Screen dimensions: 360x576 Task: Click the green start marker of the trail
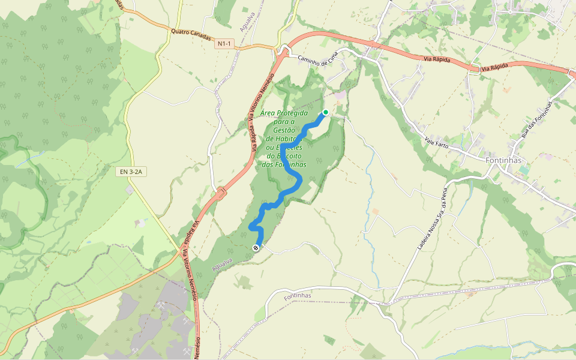[x=326, y=112]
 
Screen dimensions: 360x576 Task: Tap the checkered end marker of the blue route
[x=256, y=247]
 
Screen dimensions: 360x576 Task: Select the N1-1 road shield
[x=224, y=44]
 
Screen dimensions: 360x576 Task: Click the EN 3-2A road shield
[x=131, y=172]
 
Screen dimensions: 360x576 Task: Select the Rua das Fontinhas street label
[x=537, y=120]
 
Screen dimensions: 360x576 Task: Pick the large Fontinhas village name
[x=503, y=161]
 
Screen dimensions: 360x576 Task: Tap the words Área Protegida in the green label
[x=285, y=113]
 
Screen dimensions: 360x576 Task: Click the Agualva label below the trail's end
[x=221, y=265]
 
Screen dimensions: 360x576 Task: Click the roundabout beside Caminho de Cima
[x=283, y=52]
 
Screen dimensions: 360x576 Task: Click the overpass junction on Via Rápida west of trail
[x=221, y=193]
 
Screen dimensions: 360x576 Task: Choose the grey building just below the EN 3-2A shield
[x=130, y=190]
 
